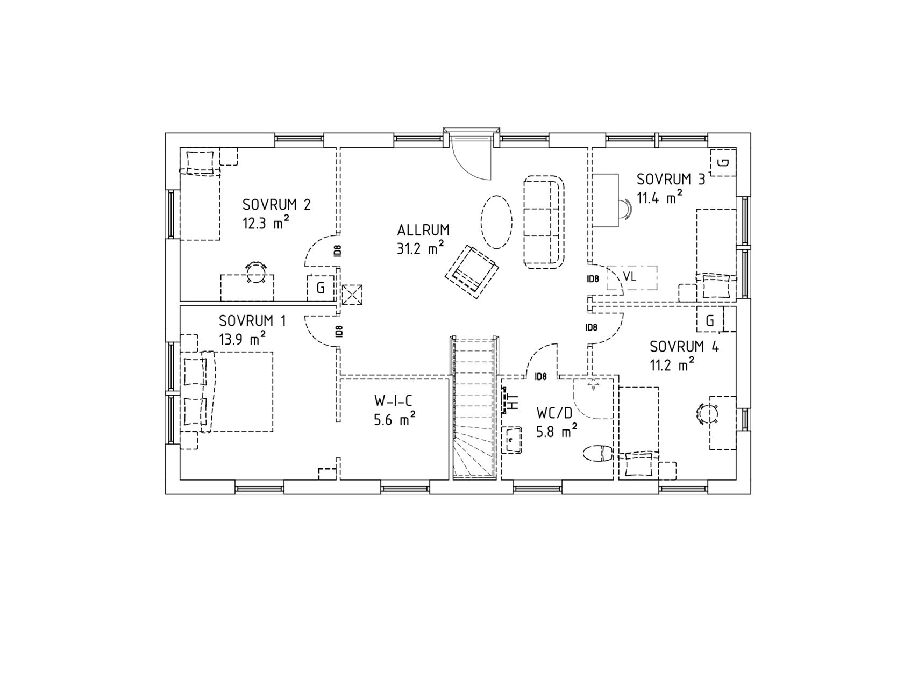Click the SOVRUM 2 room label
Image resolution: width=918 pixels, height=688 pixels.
(x=277, y=205)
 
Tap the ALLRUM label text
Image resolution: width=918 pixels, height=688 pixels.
(x=423, y=231)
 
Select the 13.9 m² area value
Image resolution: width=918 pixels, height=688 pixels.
(x=243, y=338)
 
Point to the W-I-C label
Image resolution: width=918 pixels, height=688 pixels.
(x=394, y=401)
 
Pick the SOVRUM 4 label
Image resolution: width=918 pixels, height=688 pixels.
(x=684, y=347)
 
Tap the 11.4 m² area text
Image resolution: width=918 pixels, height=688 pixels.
(x=660, y=197)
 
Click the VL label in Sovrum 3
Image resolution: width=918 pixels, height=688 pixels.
(x=630, y=277)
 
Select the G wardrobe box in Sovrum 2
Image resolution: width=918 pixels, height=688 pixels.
(x=321, y=288)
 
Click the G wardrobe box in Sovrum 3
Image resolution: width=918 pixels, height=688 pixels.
(x=724, y=162)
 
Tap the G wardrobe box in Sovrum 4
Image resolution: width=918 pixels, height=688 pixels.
(x=710, y=321)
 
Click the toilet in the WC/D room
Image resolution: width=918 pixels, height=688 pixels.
(x=597, y=453)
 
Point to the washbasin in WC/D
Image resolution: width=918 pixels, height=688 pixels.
(x=511, y=440)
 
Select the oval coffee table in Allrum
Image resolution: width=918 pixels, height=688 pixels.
(x=496, y=221)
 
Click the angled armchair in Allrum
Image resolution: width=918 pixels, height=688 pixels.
(x=472, y=271)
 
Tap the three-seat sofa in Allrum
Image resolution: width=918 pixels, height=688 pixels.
(x=545, y=221)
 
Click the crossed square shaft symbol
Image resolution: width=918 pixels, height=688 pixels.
(x=352, y=295)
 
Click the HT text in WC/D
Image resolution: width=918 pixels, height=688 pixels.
(x=514, y=402)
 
